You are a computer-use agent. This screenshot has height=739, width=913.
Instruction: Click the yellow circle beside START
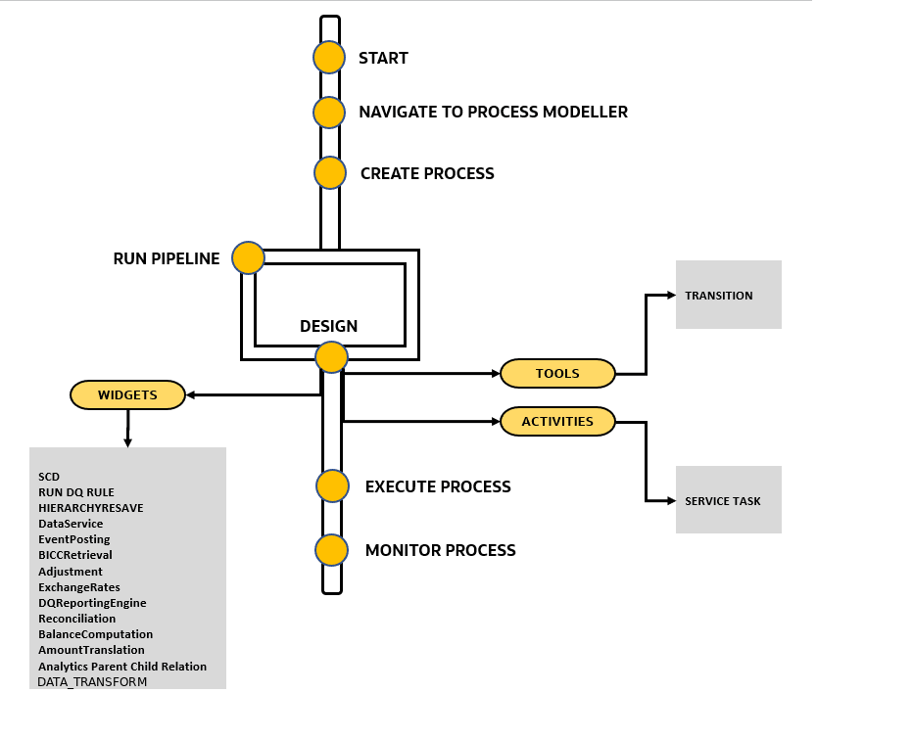tap(329, 58)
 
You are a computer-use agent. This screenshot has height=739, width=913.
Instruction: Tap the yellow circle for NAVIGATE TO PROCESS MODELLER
tap(329, 113)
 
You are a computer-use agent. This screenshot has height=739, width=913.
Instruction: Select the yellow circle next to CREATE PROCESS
tap(330, 173)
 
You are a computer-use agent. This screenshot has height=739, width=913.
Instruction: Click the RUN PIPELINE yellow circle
tap(248, 258)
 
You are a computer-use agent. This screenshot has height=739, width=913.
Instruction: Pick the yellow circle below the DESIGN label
tap(331, 357)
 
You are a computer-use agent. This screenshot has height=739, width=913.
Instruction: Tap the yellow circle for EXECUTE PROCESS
tap(332, 486)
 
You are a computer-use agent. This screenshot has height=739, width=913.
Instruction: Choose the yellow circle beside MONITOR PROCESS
tap(332, 550)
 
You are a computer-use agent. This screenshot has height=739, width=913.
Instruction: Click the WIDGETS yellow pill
tap(127, 395)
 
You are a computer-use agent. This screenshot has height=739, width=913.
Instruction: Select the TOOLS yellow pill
tap(557, 373)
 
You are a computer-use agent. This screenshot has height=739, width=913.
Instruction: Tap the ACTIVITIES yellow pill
tap(557, 422)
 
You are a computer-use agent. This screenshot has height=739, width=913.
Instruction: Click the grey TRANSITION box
tap(728, 295)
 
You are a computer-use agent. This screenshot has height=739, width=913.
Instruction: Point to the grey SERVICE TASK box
tap(728, 500)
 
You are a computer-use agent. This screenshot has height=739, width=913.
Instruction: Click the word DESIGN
tap(328, 327)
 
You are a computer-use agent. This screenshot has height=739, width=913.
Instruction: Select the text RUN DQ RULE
tap(76, 492)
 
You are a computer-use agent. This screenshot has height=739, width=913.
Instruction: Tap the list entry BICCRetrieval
tap(75, 555)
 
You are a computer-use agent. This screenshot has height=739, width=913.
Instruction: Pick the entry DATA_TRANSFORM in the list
tap(92, 681)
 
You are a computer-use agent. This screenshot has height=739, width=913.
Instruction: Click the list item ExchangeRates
tap(79, 587)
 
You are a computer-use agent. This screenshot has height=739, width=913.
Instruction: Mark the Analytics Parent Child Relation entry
tap(122, 667)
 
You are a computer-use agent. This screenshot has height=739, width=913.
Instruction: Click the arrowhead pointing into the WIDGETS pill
tap(191, 395)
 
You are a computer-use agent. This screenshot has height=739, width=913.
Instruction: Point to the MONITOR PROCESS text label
tap(440, 550)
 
